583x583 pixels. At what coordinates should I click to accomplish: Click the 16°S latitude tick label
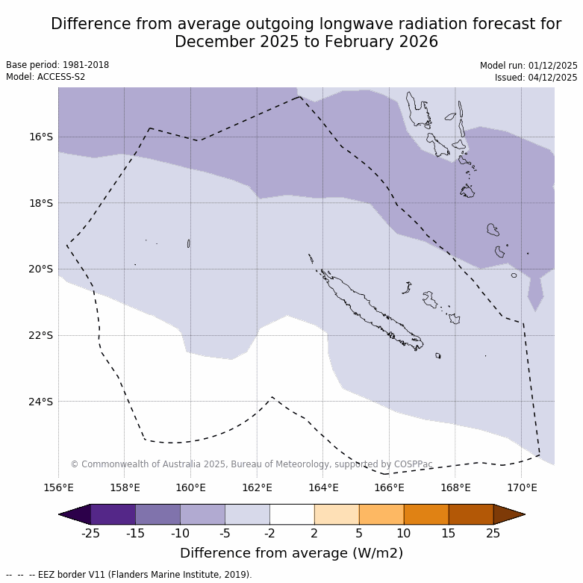click(40, 137)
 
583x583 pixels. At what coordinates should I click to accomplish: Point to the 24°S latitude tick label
click(40, 402)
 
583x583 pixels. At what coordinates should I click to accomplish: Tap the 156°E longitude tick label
click(58, 488)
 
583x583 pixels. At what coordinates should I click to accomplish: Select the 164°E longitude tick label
click(323, 488)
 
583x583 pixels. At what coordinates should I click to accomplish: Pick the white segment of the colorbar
click(292, 514)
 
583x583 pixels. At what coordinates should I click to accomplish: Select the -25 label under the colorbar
click(90, 533)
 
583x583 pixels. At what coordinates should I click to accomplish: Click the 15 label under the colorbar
click(449, 533)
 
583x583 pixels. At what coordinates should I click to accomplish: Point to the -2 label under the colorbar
click(269, 533)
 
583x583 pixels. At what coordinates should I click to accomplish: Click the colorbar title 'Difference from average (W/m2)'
click(291, 553)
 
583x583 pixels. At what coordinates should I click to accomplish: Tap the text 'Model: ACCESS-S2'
click(46, 77)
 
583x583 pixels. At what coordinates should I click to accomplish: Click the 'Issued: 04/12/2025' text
click(535, 78)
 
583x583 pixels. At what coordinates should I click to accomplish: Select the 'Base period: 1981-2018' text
click(57, 65)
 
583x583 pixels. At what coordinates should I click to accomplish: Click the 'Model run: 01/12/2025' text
click(529, 66)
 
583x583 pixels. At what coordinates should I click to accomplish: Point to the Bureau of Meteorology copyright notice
click(252, 464)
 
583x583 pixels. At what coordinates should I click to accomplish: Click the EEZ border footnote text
click(129, 575)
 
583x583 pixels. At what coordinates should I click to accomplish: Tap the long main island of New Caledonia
click(370, 311)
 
